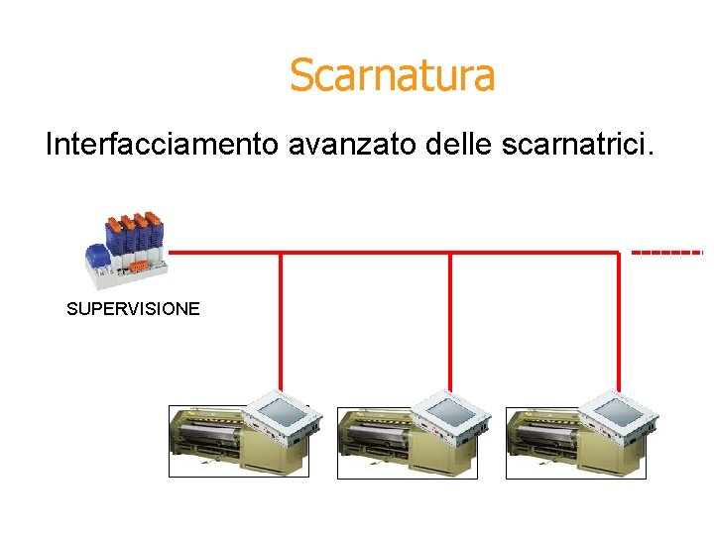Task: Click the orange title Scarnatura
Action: (392, 75)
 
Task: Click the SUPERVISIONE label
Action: (133, 309)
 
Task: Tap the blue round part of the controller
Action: (97, 257)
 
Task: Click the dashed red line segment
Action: (666, 253)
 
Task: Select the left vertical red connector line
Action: (281, 317)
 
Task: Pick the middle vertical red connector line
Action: (450, 317)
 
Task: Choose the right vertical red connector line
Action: (619, 317)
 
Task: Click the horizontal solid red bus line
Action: (397, 253)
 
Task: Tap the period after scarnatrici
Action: (652, 155)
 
